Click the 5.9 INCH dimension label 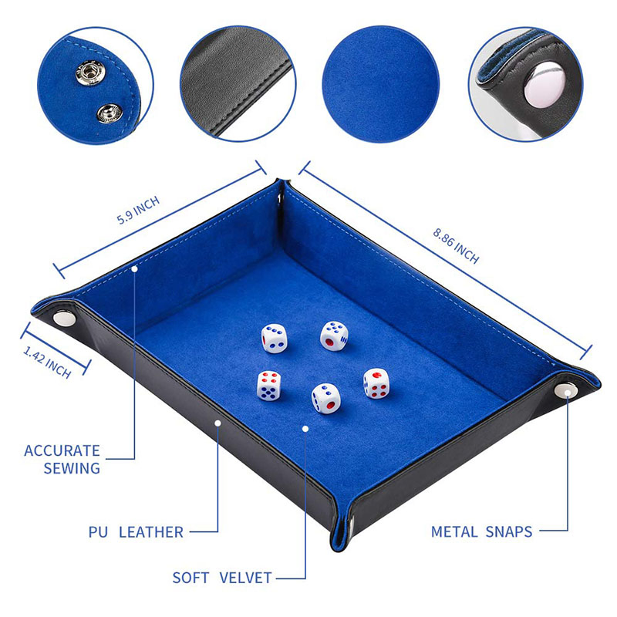[138, 210]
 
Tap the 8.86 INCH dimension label [456, 245]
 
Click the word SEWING [72, 468]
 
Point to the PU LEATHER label [135, 531]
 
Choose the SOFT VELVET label [221, 577]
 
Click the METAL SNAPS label [482, 531]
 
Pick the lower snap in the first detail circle [106, 115]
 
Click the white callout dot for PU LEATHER [218, 422]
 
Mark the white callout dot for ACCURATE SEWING [134, 268]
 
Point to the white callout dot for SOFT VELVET [305, 427]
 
